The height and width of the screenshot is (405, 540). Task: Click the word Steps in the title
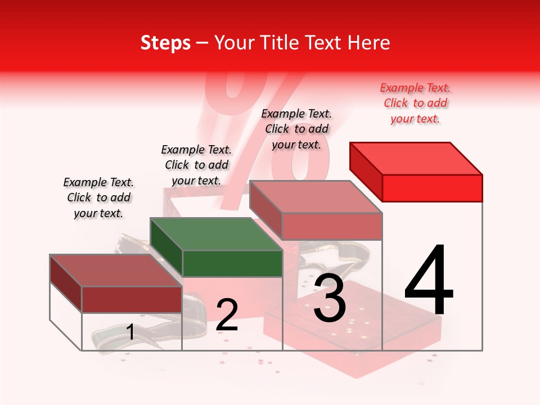tap(165, 43)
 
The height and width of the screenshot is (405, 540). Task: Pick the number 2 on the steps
tap(227, 314)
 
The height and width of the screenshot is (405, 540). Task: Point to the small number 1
tap(130, 332)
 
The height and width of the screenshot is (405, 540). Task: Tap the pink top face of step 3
tap(316, 197)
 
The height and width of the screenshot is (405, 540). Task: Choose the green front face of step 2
tap(232, 263)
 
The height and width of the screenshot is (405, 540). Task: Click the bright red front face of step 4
tap(432, 188)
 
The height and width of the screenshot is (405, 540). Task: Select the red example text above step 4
tap(415, 103)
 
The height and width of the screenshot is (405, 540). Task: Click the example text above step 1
tap(98, 197)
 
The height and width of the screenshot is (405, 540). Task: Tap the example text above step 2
tap(196, 165)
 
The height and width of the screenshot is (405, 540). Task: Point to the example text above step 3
tap(296, 129)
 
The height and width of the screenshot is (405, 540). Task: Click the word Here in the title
tap(368, 43)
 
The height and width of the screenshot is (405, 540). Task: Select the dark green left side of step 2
tap(166, 246)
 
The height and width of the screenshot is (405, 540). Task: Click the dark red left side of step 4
tap(366, 171)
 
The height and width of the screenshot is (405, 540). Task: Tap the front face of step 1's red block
tap(132, 299)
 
